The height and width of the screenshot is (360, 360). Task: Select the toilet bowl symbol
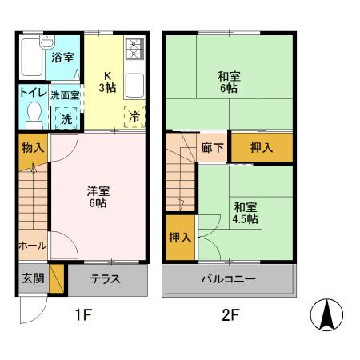32,118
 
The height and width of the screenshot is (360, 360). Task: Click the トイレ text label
32,94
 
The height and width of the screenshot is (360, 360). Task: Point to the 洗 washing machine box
66,118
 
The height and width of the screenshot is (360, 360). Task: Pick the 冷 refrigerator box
133,116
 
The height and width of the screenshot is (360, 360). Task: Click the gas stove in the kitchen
134,53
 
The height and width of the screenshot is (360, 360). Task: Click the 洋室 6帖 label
98,197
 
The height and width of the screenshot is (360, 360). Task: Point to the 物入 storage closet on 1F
33,149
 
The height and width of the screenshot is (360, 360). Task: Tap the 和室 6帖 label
229,82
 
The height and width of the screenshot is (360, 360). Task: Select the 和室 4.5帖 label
246,210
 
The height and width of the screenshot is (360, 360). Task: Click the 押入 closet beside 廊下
262,148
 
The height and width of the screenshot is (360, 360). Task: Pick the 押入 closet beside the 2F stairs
180,238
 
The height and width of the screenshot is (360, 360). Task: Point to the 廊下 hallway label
212,148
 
